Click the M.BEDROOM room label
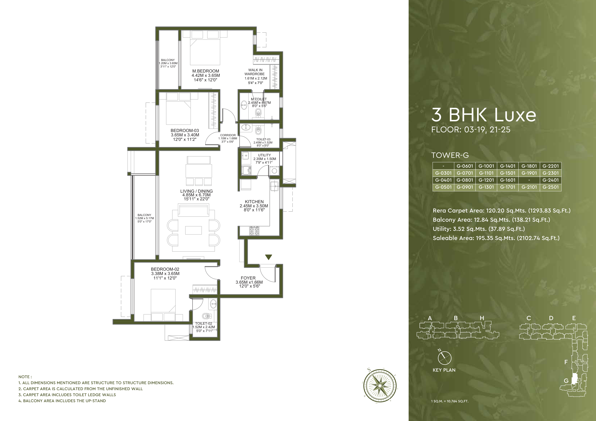pyautogui.click(x=206, y=71)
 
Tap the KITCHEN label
pyautogui.click(x=254, y=202)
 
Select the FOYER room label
pyautogui.click(x=248, y=278)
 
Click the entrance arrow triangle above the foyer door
pyautogui.click(x=268, y=257)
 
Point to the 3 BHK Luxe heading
pyautogui.click(x=484, y=115)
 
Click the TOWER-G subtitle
pyautogui.click(x=450, y=155)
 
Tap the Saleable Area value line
pyautogui.click(x=496, y=238)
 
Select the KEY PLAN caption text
pyautogui.click(x=444, y=370)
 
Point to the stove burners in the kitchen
pyautogui.click(x=254, y=230)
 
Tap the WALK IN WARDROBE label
pyautogui.click(x=255, y=72)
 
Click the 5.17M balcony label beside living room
pyautogui.click(x=144, y=218)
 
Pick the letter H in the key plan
pyautogui.click(x=482, y=318)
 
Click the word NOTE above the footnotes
pyautogui.click(x=25, y=377)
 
